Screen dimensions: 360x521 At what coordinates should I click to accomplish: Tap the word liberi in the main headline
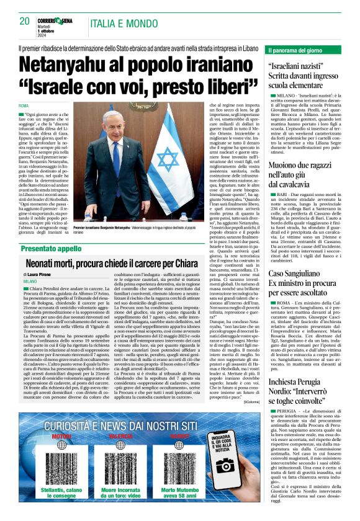(223, 84)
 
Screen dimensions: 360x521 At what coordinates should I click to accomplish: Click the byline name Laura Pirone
(42, 274)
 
